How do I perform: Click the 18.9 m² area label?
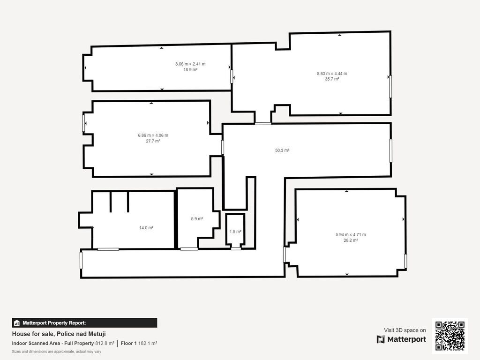(x=190, y=70)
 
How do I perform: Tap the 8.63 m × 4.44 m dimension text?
(x=332, y=74)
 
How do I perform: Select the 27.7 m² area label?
(x=153, y=141)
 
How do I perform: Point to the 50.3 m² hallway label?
(x=282, y=150)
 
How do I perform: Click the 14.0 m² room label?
(x=146, y=228)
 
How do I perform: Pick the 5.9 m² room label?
(x=197, y=219)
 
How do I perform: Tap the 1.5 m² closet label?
(x=235, y=232)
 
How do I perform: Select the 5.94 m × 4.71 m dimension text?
(x=351, y=235)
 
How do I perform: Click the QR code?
(x=450, y=336)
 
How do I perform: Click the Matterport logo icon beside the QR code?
(x=381, y=339)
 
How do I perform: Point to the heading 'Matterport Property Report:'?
(x=54, y=323)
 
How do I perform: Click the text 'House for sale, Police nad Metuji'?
(x=59, y=334)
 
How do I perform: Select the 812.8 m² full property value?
(x=105, y=344)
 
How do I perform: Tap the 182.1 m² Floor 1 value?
(x=148, y=344)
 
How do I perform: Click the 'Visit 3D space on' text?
(x=405, y=330)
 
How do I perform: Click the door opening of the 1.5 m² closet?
(x=236, y=248)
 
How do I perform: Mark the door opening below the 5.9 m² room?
(x=189, y=249)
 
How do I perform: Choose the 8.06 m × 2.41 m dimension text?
(x=190, y=64)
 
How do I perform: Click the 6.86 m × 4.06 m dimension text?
(x=153, y=135)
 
